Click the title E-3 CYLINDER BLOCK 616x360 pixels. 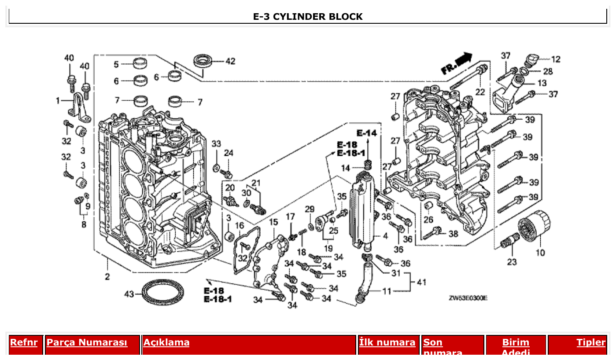pos(308,17)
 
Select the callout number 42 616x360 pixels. pos(230,61)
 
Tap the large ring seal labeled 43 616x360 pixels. pos(162,292)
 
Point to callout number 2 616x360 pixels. pos(107,276)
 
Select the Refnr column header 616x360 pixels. pos(24,342)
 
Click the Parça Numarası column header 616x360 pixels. pos(87,342)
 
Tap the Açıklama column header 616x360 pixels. pos(166,342)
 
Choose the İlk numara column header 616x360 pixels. pos(387,342)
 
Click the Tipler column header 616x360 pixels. pos(591,342)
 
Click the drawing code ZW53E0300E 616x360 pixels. pos(468,298)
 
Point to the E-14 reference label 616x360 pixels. pos(367,133)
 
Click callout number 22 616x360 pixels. pos(480,92)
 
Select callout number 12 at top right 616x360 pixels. pos(556,59)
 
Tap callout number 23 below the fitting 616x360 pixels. pos(512,262)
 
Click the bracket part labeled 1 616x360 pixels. pos(81,108)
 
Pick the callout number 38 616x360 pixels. pos(453,234)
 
